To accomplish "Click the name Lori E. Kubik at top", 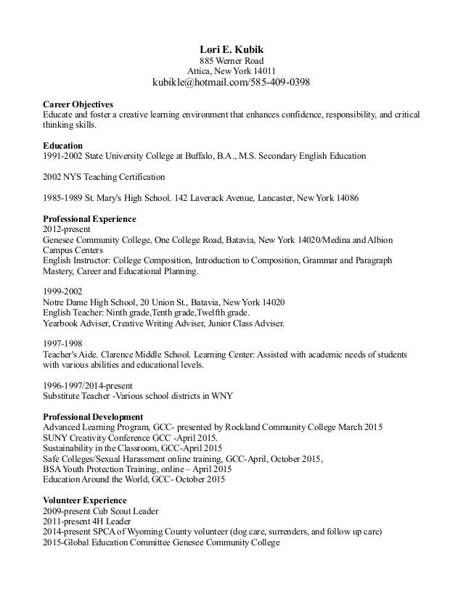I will tap(231, 49).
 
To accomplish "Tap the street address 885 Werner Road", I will tap(231, 61).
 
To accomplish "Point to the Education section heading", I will tap(62, 145).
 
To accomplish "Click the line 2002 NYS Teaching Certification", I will tap(105, 177).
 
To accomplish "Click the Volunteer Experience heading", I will tap(85, 500).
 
